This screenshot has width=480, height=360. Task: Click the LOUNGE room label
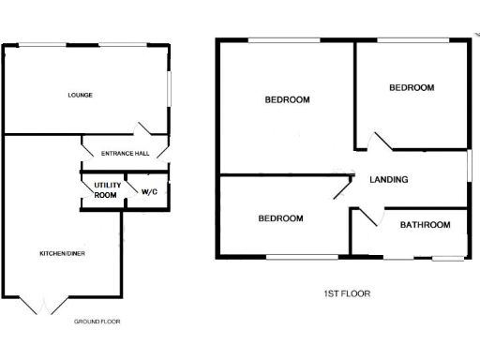(80, 95)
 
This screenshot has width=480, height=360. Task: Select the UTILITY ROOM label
(105, 190)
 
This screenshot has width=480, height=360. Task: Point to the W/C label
(148, 191)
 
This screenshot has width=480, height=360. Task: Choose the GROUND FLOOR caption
(97, 322)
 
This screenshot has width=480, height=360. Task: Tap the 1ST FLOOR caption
(346, 293)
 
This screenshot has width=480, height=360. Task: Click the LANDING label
(388, 180)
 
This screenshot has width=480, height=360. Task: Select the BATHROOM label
(425, 225)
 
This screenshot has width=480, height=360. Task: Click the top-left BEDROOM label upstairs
(287, 99)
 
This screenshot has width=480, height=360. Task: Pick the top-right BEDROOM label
(412, 88)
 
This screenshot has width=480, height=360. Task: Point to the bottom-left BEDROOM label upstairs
(280, 218)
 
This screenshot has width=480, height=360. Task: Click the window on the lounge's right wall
(170, 92)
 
